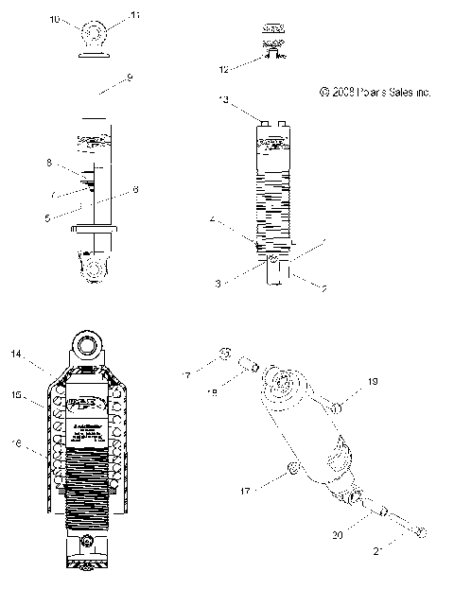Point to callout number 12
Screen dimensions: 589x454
coord(224,70)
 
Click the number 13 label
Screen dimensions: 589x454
coord(223,99)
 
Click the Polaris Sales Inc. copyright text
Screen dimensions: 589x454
coord(375,93)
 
